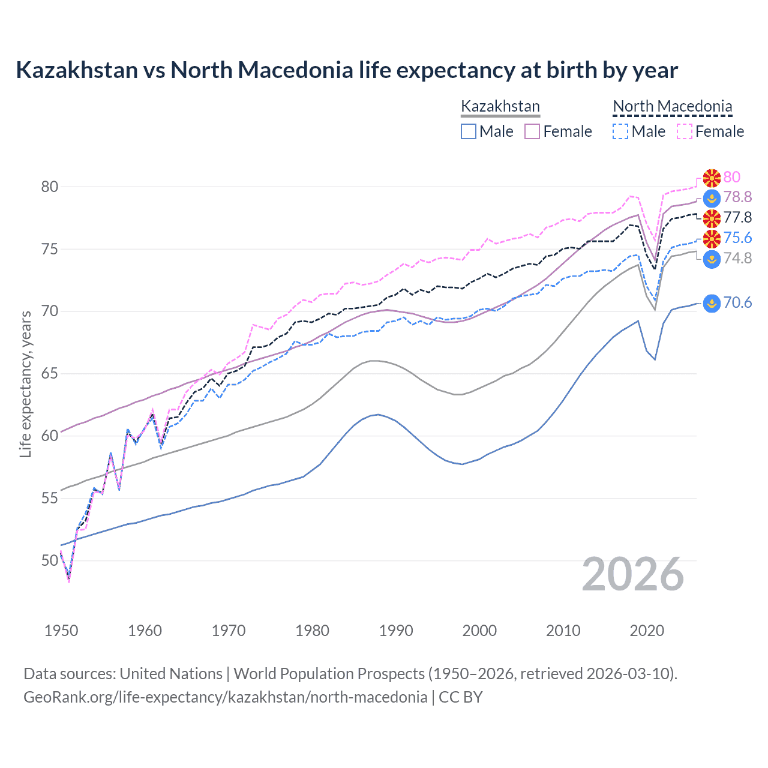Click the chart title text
point(347,70)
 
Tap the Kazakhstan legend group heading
point(500,107)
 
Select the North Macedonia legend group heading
point(672,107)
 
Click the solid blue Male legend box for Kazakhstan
point(469,131)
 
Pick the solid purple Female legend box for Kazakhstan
point(532,131)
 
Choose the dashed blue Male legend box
point(620,131)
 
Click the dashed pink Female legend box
point(685,131)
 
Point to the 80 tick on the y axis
point(50,187)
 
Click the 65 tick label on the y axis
point(50,374)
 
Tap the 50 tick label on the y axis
point(50,560)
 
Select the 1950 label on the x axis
point(61,631)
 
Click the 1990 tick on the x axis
point(396,631)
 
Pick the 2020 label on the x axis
point(647,631)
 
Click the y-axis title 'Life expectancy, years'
point(26,384)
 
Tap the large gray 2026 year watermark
point(633,575)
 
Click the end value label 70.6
point(737,303)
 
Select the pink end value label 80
point(732,177)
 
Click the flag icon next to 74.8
point(712,259)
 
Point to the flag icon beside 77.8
point(712,218)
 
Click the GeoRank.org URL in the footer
point(225,697)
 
